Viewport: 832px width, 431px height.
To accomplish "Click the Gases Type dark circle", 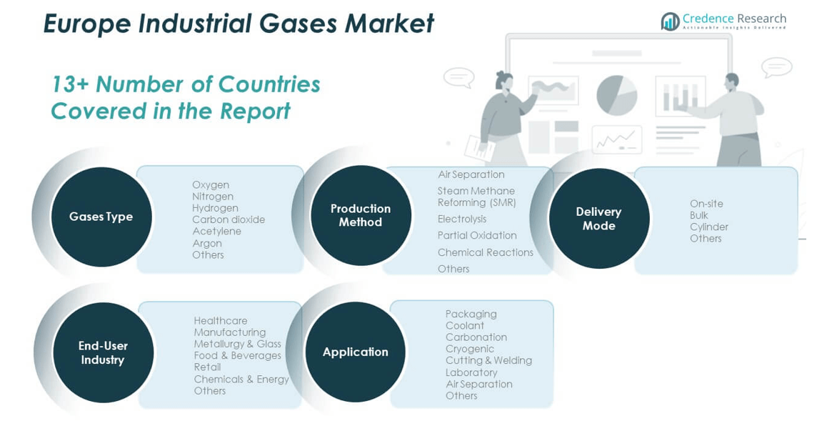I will click(x=101, y=217).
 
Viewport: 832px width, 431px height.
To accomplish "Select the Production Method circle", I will click(x=361, y=215).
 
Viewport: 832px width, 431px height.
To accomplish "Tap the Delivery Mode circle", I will click(x=598, y=219).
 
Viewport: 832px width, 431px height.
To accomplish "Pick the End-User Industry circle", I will click(x=103, y=352).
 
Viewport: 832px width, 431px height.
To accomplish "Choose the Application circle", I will click(x=355, y=352).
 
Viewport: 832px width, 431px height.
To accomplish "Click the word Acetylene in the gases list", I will click(x=216, y=232).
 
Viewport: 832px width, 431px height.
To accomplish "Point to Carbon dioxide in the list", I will click(x=229, y=219).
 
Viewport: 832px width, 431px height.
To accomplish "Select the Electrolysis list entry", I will click(x=462, y=219).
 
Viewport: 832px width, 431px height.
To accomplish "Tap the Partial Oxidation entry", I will click(x=477, y=235).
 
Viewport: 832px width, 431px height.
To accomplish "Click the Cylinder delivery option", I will click(x=709, y=227).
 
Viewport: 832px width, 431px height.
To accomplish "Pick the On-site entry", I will click(x=706, y=204).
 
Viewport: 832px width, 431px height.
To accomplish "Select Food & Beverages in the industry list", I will click(x=237, y=355).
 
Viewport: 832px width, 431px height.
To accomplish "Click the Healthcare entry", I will click(x=221, y=321).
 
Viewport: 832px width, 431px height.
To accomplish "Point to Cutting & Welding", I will click(x=488, y=360).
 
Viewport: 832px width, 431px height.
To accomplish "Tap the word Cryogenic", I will click(x=469, y=349).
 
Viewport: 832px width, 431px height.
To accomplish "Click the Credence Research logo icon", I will click(x=670, y=21).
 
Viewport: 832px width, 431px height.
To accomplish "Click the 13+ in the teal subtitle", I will click(x=69, y=84).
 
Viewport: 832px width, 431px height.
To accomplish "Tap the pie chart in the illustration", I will click(x=616, y=95).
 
